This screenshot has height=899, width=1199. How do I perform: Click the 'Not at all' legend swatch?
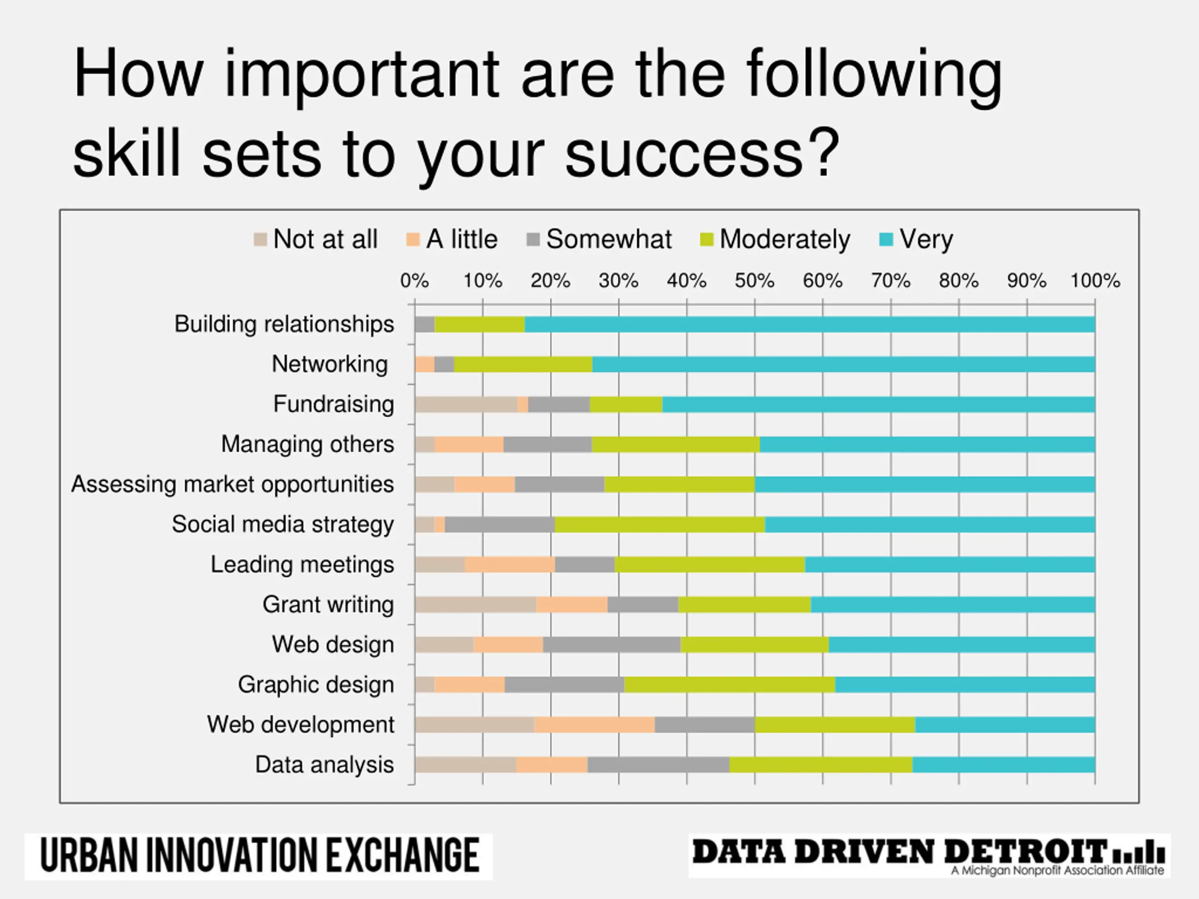[260, 240]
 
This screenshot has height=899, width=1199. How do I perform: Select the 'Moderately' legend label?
[785, 240]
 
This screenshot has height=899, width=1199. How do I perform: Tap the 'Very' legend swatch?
[885, 240]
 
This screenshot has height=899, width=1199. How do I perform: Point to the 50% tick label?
[754, 280]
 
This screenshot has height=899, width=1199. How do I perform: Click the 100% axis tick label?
[1095, 280]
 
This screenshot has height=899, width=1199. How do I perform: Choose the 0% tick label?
[414, 280]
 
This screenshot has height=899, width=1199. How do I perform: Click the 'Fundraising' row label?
[333, 404]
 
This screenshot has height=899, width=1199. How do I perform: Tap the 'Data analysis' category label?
[324, 765]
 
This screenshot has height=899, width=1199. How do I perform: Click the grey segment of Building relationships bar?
[424, 324]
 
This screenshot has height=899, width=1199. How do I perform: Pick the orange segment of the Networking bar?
[424, 365]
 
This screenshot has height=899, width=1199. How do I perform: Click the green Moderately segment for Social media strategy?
[659, 524]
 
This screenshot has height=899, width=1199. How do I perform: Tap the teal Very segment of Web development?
[1005, 725]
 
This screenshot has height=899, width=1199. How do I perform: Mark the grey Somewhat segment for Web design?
[611, 645]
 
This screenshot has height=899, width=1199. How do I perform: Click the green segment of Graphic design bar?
[730, 685]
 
